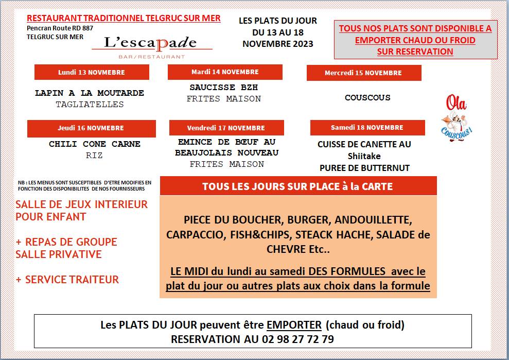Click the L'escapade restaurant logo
(152, 45)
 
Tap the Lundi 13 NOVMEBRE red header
(92, 72)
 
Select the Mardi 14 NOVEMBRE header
(225, 72)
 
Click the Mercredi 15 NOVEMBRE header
(363, 73)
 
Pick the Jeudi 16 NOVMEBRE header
(91, 128)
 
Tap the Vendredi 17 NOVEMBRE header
(226, 128)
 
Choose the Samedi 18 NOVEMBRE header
(367, 127)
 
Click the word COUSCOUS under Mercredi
(367, 97)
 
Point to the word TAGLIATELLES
(90, 105)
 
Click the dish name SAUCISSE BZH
(224, 88)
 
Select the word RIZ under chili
(94, 156)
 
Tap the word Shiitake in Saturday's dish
(364, 156)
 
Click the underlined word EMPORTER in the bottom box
(294, 325)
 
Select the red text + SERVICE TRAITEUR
(67, 280)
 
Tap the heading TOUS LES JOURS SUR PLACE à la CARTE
(297, 186)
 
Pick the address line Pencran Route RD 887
(60, 28)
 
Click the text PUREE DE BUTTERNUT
(364, 168)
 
